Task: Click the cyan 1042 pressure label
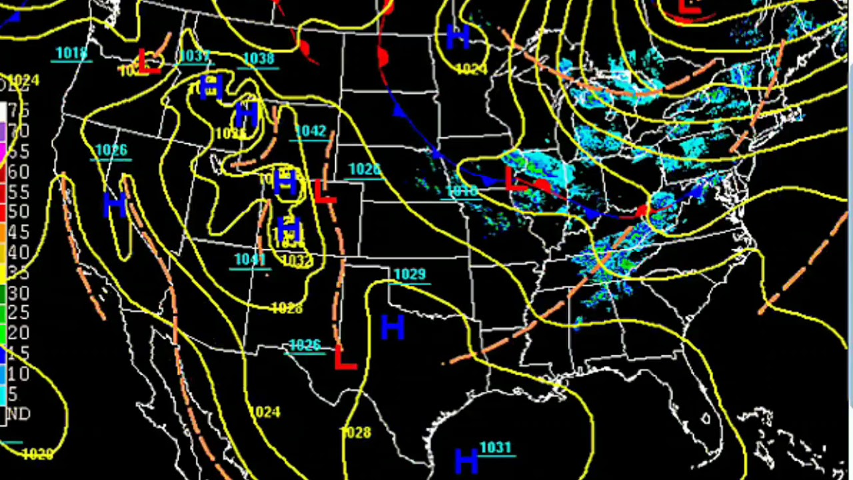pos(311,131)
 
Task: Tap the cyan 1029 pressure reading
pos(409,274)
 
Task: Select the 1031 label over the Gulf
pos(494,448)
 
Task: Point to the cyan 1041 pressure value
pos(250,259)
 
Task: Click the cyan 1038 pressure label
pos(259,59)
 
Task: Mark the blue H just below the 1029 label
pos(393,327)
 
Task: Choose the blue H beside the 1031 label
pos(466,460)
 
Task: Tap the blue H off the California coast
pos(115,205)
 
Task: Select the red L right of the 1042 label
pos(325,193)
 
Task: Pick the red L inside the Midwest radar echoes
pos(511,179)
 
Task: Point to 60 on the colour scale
pos(18,171)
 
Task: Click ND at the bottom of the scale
pos(18,414)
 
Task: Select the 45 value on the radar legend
pos(18,232)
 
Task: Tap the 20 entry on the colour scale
pos(18,333)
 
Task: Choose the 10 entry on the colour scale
pos(18,373)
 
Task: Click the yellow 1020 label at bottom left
pos(37,454)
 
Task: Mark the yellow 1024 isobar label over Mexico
pos(265,413)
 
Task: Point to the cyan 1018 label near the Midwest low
pos(462,192)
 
